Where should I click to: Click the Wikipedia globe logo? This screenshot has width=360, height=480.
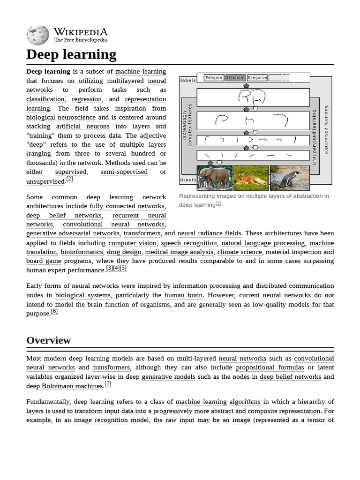37,36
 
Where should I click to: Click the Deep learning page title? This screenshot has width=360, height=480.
71,54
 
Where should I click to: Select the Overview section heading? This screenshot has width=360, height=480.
48,340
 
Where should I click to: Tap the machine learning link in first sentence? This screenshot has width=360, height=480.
141,72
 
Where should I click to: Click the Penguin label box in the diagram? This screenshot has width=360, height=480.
214,77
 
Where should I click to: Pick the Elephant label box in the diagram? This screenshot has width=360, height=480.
235,77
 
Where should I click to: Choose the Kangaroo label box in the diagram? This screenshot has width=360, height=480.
257,77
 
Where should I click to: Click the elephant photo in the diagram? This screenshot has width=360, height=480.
214,178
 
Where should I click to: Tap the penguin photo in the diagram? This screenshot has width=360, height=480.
290,178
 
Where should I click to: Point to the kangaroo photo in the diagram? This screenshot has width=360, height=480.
251,178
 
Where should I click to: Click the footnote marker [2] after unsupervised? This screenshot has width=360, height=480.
69,179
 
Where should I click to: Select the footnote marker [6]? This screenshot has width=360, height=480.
54,311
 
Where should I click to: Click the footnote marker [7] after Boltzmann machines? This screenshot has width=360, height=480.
108,383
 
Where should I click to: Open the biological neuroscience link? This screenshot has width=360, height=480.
61,118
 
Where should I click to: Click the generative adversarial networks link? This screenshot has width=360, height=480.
73,233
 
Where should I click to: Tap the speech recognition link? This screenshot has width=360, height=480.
189,243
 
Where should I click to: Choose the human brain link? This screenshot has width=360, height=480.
183,295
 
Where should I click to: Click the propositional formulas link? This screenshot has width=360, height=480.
270,368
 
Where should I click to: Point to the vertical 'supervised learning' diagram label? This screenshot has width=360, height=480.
326,130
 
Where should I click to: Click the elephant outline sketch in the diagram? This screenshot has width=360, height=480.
252,97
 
